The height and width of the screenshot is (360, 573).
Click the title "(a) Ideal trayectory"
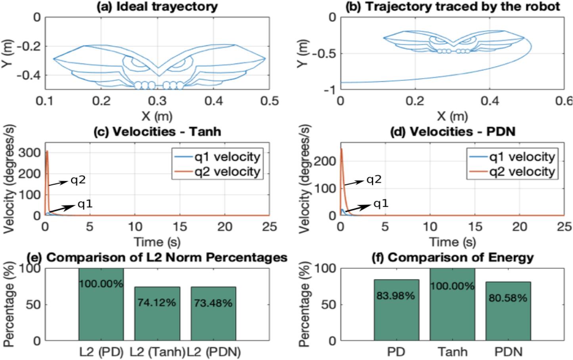point(157,6)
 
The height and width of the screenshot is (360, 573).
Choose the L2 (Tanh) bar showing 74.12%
point(157,314)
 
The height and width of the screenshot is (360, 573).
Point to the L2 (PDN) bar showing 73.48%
point(213,314)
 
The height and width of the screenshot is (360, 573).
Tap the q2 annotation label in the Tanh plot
point(78,180)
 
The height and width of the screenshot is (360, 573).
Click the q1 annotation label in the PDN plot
point(381,204)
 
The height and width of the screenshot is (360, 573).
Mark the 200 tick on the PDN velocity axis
point(328,161)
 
